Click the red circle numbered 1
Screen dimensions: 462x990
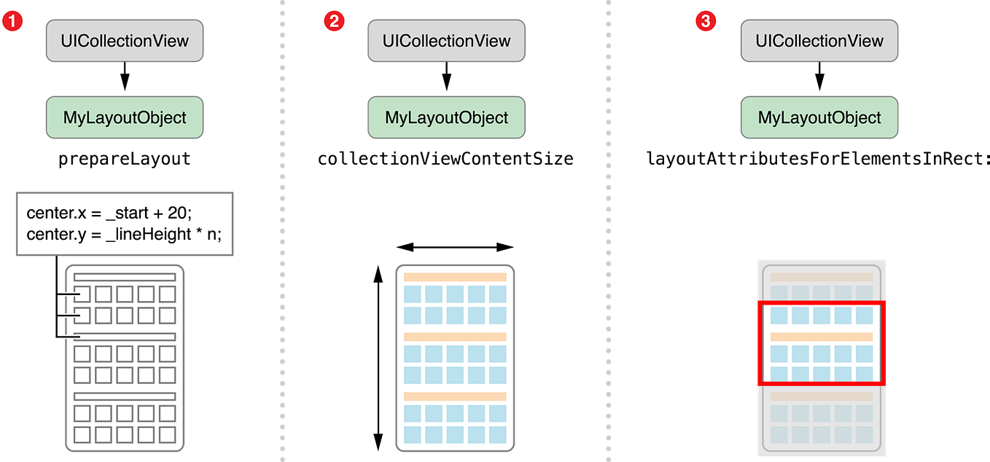pos(13,21)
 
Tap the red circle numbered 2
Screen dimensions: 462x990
pos(332,21)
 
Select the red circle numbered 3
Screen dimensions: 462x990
pos(704,21)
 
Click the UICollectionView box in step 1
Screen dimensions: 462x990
pos(125,40)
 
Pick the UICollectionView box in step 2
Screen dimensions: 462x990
pos(447,40)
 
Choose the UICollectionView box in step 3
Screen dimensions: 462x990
pos(819,40)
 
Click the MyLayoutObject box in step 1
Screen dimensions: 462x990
pos(125,117)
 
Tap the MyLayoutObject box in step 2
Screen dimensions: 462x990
pos(447,117)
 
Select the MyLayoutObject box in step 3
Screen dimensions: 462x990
pos(819,117)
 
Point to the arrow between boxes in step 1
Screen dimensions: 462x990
pos(125,79)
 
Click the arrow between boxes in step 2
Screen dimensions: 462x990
pos(447,79)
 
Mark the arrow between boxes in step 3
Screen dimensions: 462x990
pos(819,79)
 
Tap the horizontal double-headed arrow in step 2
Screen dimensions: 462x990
pos(455,248)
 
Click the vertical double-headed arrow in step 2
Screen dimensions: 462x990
pos(377,358)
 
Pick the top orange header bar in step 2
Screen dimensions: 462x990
pos(455,278)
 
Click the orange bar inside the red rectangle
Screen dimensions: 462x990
pos(822,337)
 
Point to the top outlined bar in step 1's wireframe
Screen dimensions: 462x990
pos(125,277)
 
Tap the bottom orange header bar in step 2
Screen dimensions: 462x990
pos(455,396)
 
